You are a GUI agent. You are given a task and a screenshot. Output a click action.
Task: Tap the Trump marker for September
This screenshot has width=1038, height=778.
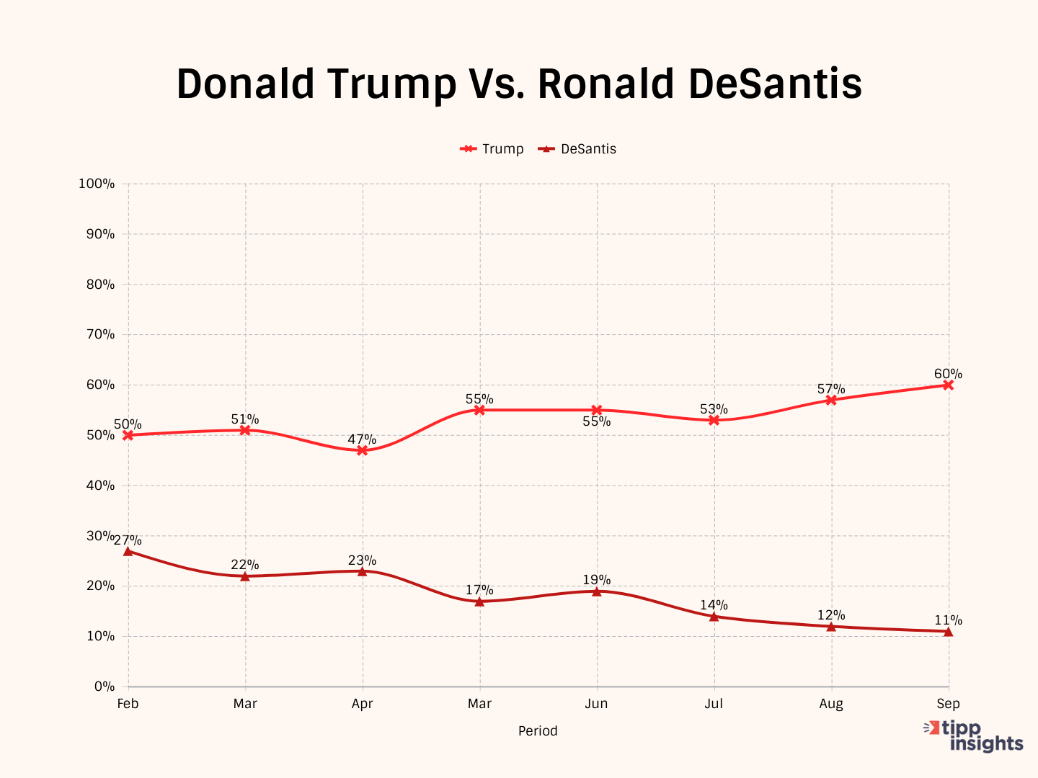(x=948, y=385)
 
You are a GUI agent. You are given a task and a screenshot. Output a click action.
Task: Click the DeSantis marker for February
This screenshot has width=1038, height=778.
(x=128, y=551)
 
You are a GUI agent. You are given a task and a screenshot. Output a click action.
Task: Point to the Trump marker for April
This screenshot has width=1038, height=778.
(x=363, y=450)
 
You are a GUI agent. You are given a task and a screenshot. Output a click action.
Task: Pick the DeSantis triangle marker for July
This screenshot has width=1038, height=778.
(x=714, y=617)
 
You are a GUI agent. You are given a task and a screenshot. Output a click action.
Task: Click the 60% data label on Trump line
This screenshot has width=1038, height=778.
(x=948, y=374)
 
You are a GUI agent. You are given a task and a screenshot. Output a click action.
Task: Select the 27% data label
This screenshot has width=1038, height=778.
(x=128, y=540)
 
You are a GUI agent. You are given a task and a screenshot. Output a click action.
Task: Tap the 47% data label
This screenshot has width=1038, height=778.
(x=362, y=439)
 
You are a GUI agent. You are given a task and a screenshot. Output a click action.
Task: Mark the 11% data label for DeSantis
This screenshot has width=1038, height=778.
(x=948, y=620)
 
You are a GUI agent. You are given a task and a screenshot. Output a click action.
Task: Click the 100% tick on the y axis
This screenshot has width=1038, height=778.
(x=97, y=184)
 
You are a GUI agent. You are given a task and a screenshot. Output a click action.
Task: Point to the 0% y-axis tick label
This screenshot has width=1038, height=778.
(x=104, y=687)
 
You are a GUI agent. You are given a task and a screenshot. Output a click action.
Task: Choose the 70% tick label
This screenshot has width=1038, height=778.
(x=100, y=334)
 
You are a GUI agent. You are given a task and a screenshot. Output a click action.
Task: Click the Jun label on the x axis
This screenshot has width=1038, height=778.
(x=596, y=704)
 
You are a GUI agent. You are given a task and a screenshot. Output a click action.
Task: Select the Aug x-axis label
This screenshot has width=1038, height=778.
(x=831, y=704)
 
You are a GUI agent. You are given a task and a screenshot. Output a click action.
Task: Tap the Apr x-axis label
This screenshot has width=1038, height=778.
(x=362, y=704)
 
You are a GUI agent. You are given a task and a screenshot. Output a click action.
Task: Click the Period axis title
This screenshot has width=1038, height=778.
(x=538, y=730)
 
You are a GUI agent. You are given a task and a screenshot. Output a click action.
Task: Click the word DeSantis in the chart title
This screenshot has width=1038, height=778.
(x=775, y=84)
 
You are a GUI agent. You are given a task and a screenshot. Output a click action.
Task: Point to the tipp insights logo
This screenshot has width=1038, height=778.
(x=974, y=736)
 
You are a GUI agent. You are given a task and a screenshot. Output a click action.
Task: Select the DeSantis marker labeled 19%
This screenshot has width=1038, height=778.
(x=597, y=591)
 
